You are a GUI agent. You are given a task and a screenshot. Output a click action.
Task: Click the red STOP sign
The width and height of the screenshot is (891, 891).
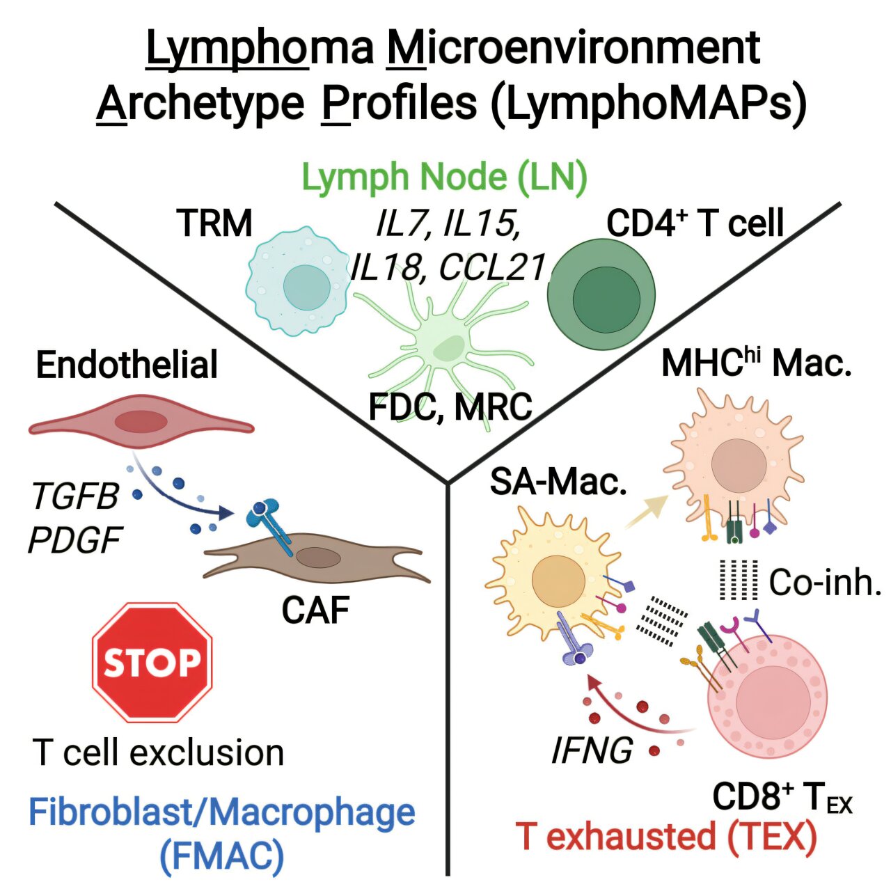click(152, 662)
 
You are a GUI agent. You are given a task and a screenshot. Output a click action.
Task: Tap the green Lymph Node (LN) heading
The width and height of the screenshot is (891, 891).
click(444, 178)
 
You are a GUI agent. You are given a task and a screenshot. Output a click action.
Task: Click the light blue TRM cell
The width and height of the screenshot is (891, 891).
click(299, 282)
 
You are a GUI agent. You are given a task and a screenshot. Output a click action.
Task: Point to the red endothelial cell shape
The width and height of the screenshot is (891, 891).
click(141, 421)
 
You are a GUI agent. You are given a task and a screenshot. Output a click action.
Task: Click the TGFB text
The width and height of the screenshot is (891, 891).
click(75, 497)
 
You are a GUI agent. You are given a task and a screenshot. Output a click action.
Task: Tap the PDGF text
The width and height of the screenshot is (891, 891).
click(75, 540)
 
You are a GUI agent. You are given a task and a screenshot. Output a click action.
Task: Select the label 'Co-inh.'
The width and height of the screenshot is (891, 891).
click(825, 582)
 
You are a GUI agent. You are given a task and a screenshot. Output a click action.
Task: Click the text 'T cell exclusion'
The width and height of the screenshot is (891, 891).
click(159, 752)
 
